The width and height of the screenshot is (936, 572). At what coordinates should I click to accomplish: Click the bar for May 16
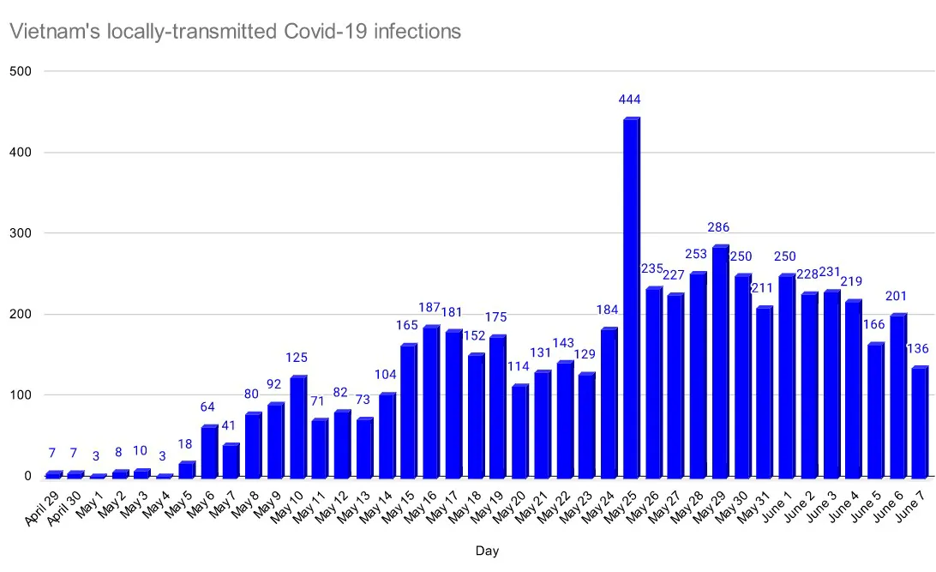point(430,402)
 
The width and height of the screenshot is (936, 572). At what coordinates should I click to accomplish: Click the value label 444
point(630,99)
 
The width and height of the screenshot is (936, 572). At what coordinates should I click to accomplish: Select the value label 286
point(719,227)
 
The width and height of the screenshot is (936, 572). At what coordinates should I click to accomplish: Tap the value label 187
point(429,308)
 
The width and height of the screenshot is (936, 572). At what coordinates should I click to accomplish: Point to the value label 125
point(297,358)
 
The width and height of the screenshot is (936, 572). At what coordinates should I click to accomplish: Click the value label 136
point(918,349)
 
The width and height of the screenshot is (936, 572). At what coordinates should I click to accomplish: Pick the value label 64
point(208,406)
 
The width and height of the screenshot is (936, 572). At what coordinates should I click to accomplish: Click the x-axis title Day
point(487,551)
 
